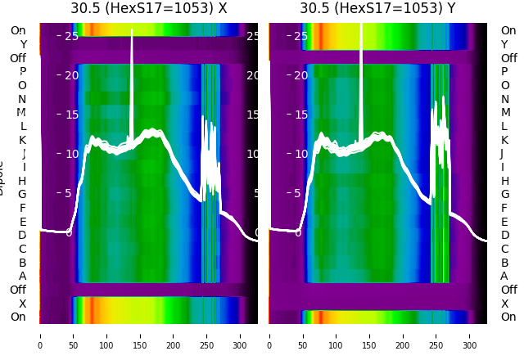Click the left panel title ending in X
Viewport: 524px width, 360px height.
pyautogui.click(x=148, y=8)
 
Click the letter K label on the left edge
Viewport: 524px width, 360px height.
pyautogui.click(x=22, y=140)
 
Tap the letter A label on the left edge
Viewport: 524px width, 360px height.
pyautogui.click(x=22, y=276)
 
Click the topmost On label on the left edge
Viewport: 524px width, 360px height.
pyautogui.click(x=18, y=30)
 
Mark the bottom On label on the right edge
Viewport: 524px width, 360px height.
pyautogui.click(x=508, y=317)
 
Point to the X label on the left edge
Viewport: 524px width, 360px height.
pyautogui.click(x=22, y=304)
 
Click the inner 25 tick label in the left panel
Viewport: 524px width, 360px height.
pyautogui.click(x=71, y=36)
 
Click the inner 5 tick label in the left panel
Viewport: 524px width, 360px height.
pyautogui.click(x=71, y=193)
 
